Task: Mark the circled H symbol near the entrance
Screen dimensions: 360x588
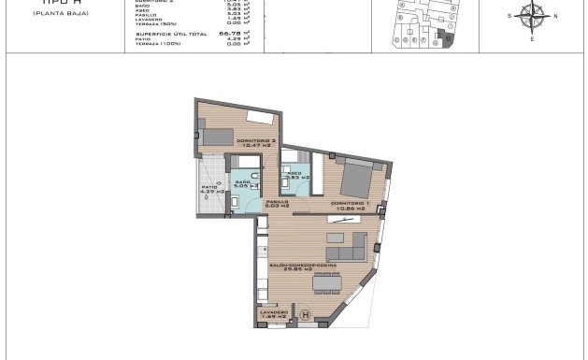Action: [305, 315]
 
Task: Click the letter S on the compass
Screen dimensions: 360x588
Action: [509, 17]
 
